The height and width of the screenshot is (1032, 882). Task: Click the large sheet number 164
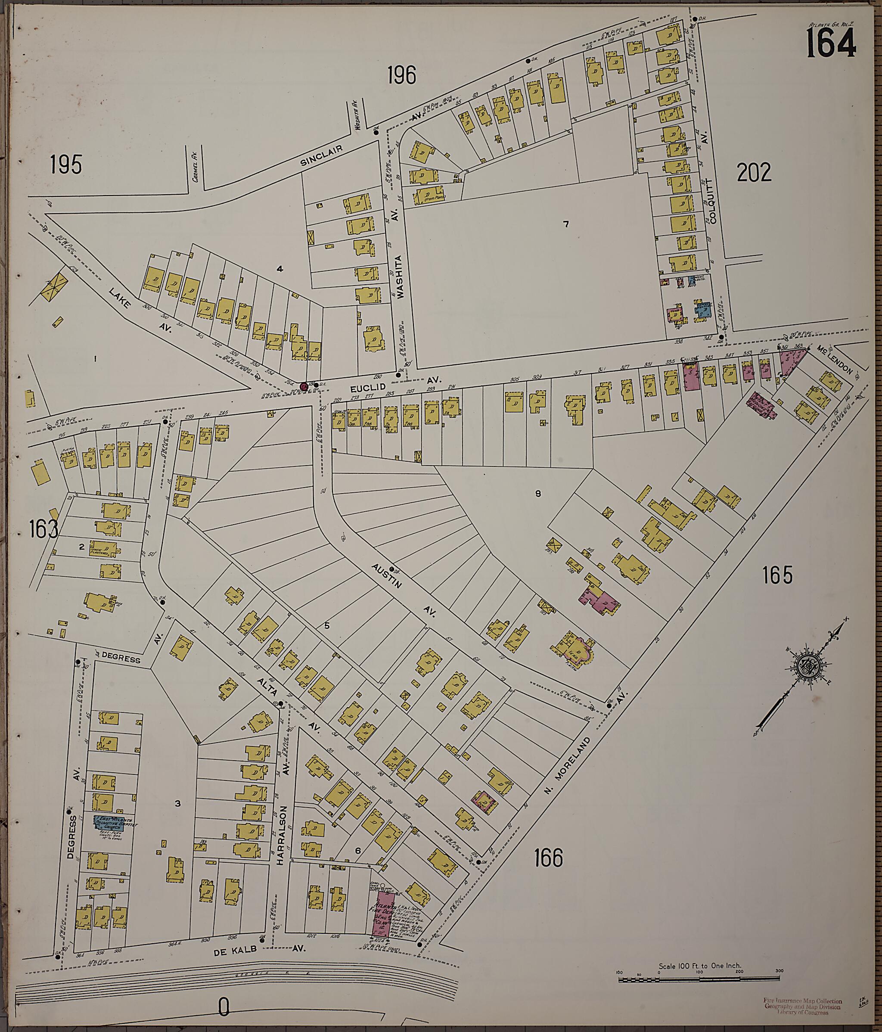(x=830, y=43)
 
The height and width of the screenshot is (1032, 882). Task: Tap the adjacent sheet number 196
(x=401, y=76)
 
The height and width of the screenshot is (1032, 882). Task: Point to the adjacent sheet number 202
(x=754, y=173)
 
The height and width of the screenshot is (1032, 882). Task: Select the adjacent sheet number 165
(x=777, y=576)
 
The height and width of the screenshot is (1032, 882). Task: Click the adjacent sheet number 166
(x=548, y=858)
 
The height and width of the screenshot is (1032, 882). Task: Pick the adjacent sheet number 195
(x=66, y=165)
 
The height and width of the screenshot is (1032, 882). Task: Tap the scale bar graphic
(x=699, y=980)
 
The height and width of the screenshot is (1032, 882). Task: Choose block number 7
(x=566, y=224)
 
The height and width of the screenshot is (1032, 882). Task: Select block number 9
(x=538, y=494)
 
